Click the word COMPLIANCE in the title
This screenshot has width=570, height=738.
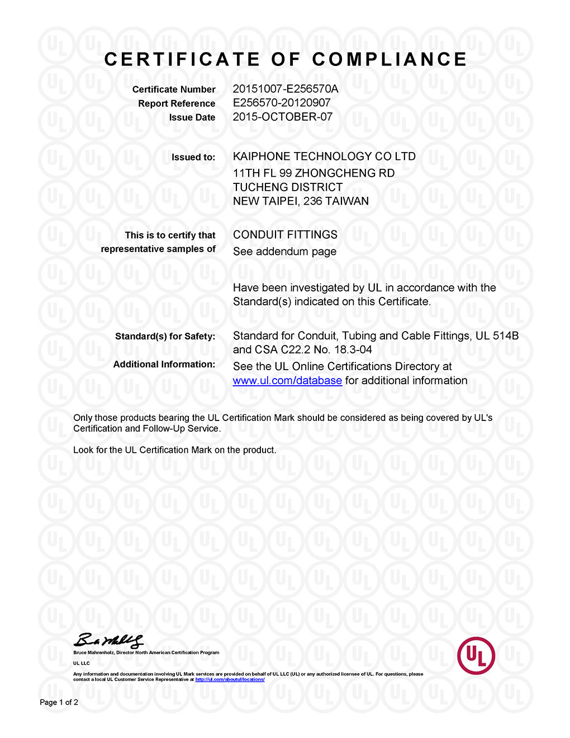pos(389,59)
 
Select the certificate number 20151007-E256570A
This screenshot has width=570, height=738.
pos(286,89)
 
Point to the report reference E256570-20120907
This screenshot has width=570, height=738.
pos(282,103)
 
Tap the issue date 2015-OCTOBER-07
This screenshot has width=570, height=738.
pos(283,117)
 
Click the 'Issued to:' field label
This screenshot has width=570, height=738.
pos(193,157)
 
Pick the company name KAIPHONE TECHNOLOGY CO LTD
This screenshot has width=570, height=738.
pos(324,157)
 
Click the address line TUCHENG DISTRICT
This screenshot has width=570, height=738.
pos(288,187)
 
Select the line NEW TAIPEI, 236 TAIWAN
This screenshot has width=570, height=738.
pos(301,201)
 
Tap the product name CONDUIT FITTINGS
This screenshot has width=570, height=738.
pos(285,235)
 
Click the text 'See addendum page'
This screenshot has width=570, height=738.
pos(284,252)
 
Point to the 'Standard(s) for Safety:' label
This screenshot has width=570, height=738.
pos(165,337)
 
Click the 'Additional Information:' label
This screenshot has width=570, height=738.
pos(164,365)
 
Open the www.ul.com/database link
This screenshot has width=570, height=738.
pos(287,381)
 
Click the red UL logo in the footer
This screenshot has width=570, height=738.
pos(476,655)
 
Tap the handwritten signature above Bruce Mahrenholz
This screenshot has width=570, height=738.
pos(108,641)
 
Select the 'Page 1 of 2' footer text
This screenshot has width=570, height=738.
pos(59,702)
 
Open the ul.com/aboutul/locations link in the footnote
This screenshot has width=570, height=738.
pos(230,680)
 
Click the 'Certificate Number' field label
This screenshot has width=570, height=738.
pos(174,89)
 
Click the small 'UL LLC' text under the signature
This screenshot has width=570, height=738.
pos(82,663)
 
